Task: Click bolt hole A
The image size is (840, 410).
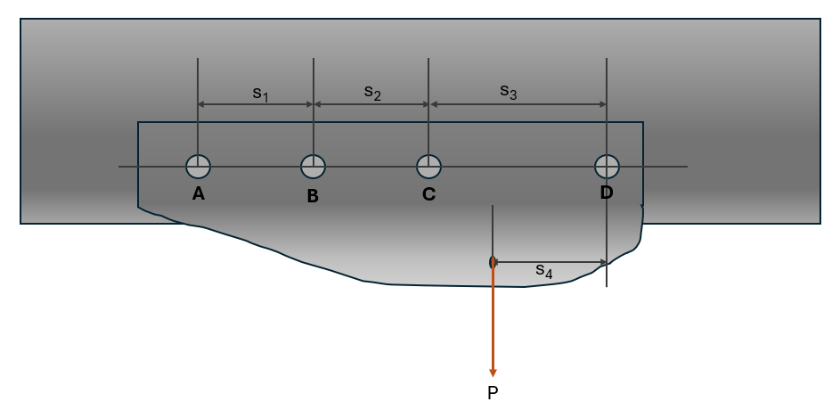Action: click(x=199, y=166)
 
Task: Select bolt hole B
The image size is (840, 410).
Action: click(x=314, y=166)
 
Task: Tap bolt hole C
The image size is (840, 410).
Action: click(x=428, y=166)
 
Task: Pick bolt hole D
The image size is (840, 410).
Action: click(x=607, y=166)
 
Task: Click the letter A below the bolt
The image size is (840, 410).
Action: click(x=199, y=193)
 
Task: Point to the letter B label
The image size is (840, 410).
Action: click(x=313, y=197)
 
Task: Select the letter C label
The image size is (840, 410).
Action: click(x=428, y=194)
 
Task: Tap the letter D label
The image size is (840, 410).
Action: click(x=607, y=193)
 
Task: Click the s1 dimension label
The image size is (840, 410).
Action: click(x=260, y=94)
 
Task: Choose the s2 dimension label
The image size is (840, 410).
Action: click(x=372, y=93)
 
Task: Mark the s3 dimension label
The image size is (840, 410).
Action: click(x=509, y=92)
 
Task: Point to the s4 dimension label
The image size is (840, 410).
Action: click(x=543, y=271)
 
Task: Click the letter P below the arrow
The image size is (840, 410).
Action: click(x=493, y=393)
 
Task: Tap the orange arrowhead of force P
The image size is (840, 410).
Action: click(x=493, y=373)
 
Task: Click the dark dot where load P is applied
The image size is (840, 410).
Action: click(x=491, y=262)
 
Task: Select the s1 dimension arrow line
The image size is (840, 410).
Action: click(x=256, y=104)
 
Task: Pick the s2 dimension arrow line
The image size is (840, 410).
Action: click(x=371, y=104)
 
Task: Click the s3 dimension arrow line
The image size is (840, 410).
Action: click(x=518, y=104)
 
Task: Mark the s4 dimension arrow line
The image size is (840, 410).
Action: click(x=550, y=262)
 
